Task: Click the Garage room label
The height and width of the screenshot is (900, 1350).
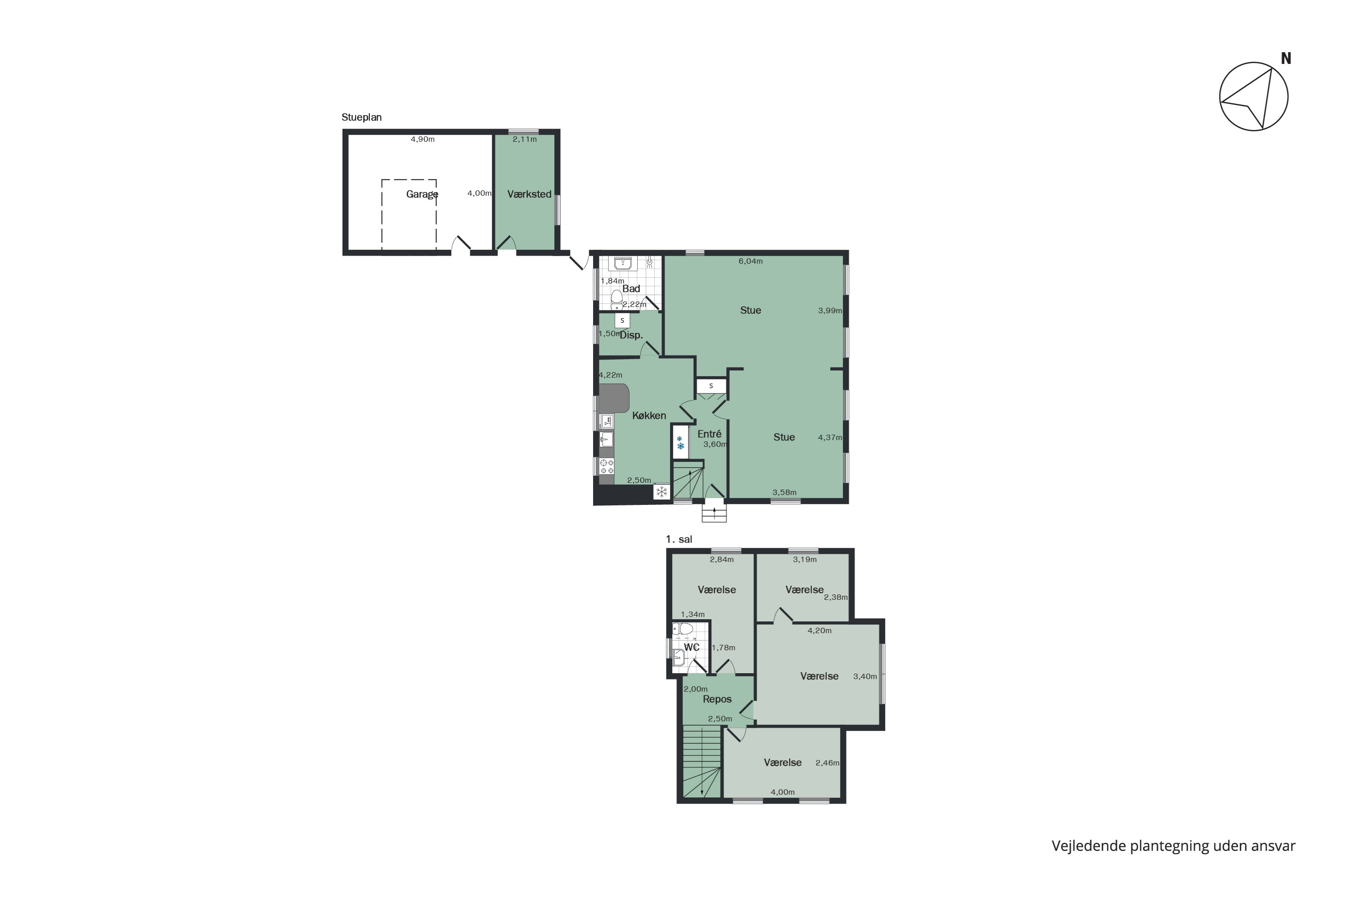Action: (422, 194)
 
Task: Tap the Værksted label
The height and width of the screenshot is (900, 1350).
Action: (529, 194)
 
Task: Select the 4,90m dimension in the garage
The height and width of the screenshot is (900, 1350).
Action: (423, 139)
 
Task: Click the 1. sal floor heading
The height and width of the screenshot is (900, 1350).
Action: (679, 539)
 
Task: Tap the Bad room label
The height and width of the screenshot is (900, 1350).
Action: (631, 289)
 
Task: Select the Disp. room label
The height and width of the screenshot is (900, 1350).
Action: (631, 335)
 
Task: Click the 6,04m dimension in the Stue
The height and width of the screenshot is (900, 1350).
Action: (750, 261)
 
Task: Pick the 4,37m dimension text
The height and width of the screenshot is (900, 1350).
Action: (829, 437)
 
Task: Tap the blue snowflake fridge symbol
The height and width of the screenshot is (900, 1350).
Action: (680, 442)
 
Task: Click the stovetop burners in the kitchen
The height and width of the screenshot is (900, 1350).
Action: (606, 466)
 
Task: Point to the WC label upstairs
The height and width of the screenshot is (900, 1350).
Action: (692, 648)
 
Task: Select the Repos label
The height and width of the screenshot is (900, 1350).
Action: (717, 699)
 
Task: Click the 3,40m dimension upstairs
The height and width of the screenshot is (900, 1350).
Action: (864, 677)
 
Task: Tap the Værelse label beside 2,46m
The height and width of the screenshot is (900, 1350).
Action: (783, 763)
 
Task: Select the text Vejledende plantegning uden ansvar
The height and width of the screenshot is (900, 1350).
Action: (1173, 846)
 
